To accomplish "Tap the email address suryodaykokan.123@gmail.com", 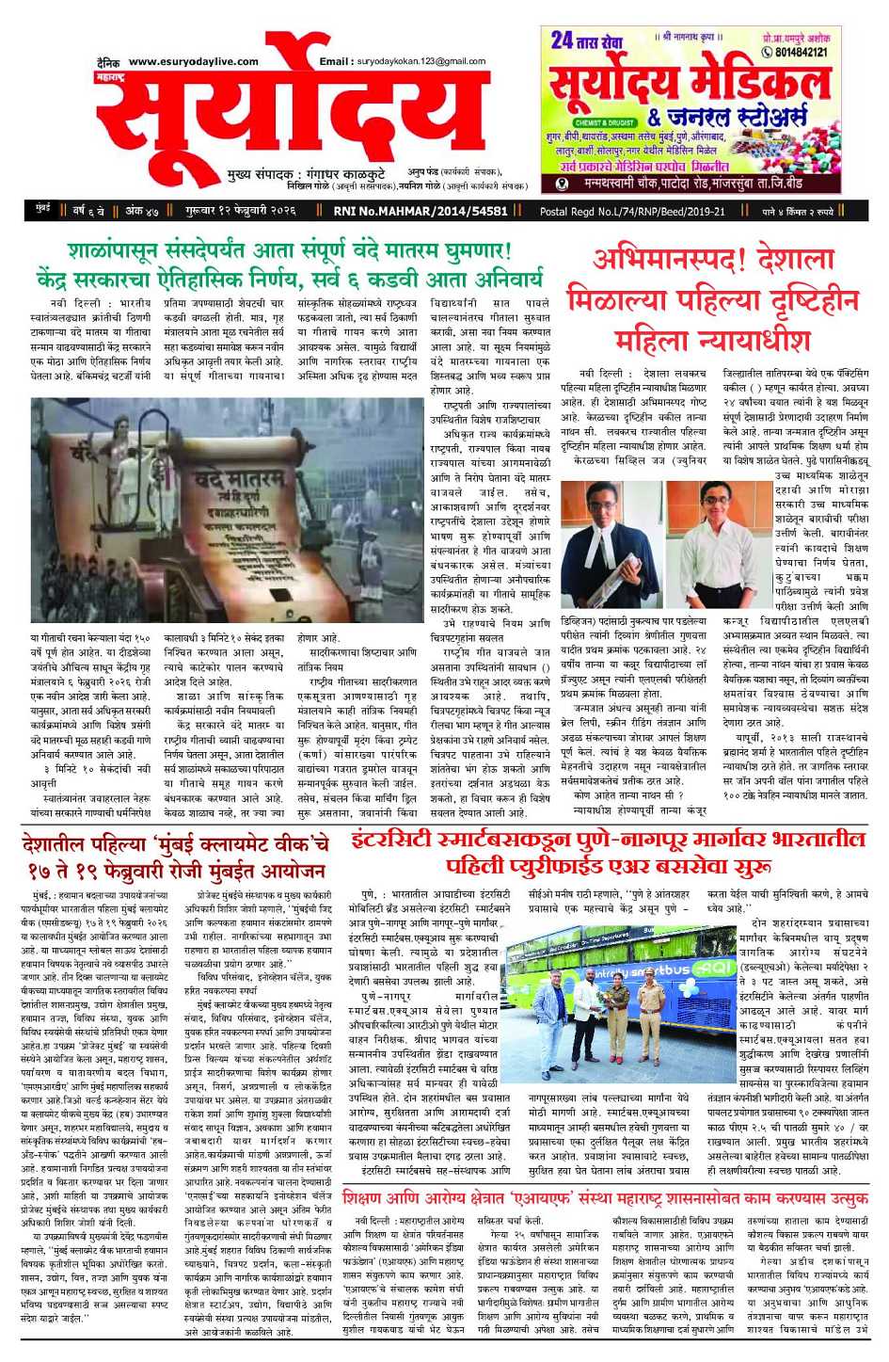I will pyautogui.click(x=421, y=61).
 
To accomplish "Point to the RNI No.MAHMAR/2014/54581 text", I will pyautogui.click(x=421, y=211).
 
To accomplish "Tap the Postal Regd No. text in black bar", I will pyautogui.click(x=632, y=211).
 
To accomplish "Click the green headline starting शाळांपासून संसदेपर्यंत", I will pyautogui.click(x=290, y=252).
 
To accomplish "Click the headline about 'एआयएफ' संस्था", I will pyautogui.click(x=605, y=1198).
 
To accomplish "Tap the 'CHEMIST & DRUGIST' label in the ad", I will pyautogui.click(x=605, y=122).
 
